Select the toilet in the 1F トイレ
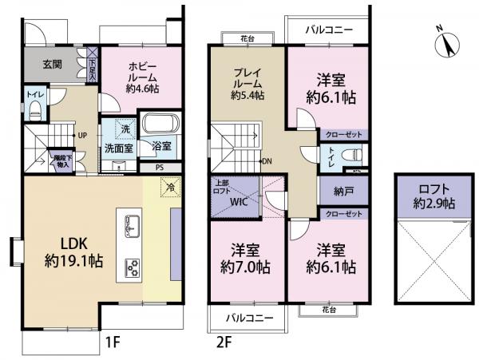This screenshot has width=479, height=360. pyautogui.click(x=34, y=112)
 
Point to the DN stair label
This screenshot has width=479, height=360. pyautogui.click(x=268, y=160)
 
